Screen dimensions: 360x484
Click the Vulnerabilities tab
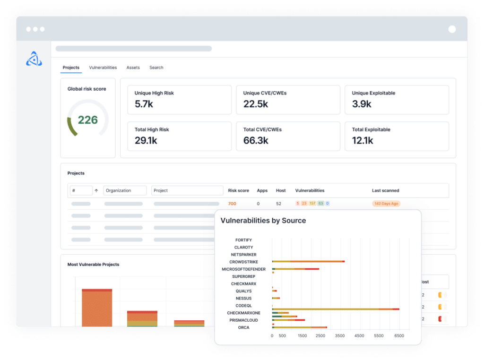click(103, 68)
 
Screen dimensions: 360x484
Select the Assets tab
click(133, 68)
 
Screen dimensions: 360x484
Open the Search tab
click(156, 68)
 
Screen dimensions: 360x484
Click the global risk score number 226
click(87, 120)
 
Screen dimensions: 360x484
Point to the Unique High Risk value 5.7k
click(144, 104)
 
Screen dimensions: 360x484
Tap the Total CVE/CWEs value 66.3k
click(256, 140)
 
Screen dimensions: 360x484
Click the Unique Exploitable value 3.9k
click(362, 104)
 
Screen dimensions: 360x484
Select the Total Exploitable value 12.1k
click(363, 140)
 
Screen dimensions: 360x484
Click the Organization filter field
click(125, 190)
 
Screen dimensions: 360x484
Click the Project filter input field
click(187, 190)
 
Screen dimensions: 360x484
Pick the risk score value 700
click(232, 204)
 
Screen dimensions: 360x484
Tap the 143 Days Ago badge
click(386, 204)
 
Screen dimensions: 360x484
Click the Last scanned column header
click(385, 190)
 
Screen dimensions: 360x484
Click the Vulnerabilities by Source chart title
click(263, 221)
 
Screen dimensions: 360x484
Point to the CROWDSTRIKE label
click(243, 262)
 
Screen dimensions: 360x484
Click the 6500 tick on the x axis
click(399, 336)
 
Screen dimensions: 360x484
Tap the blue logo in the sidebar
click(34, 58)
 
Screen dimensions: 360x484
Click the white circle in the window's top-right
click(452, 29)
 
